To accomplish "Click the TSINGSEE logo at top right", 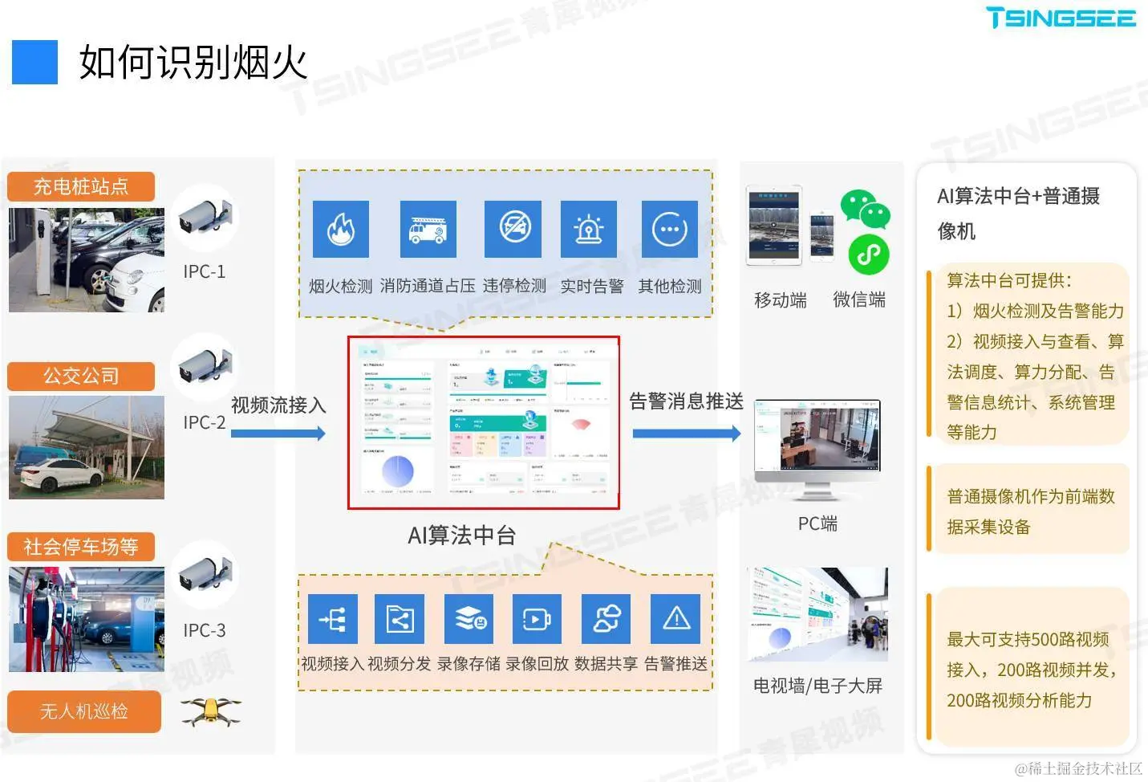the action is click(1061, 18).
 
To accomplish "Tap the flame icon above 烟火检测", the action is click(340, 229).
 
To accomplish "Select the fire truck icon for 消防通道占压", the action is click(428, 229).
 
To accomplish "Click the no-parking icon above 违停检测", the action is click(513, 229).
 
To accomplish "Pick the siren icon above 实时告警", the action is click(589, 229).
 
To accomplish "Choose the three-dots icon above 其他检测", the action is click(669, 229).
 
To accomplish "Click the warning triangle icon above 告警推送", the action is click(675, 619).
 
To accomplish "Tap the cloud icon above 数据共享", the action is click(606, 619).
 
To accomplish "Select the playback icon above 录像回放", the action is click(537, 619).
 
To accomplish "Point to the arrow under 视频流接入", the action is click(278, 434).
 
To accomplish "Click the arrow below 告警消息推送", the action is click(686, 434).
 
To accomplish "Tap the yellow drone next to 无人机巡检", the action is click(211, 711).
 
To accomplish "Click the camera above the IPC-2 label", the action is click(205, 367).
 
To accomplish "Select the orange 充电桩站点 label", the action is click(80, 187).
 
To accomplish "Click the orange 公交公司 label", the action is click(80, 376).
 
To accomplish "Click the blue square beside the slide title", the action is click(34, 62).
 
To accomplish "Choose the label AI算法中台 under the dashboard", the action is click(461, 536).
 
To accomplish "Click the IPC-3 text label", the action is click(205, 630).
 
